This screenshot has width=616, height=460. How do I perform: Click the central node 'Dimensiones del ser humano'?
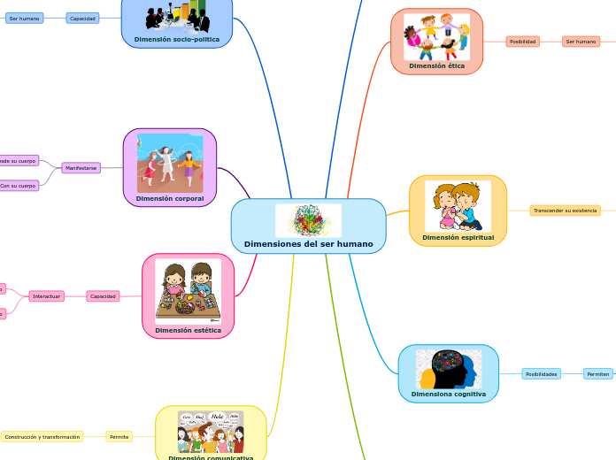308,243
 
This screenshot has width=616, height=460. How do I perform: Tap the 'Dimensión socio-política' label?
176,40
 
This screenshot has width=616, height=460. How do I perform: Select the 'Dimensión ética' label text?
436,65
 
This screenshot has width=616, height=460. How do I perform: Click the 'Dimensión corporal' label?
170,199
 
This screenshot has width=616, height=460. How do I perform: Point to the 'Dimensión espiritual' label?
458,237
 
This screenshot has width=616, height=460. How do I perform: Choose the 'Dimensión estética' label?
188,330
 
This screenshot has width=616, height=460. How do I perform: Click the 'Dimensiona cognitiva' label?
448,394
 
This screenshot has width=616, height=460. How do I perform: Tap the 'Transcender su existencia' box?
565,211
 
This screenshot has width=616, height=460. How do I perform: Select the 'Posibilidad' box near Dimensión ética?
522,42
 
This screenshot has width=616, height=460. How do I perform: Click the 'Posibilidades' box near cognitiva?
541,374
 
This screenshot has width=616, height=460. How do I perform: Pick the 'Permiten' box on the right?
597,374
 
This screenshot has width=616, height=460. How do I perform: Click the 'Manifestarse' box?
81,167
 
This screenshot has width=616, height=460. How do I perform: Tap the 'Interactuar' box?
46,296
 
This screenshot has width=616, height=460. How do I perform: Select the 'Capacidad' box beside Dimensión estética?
103,296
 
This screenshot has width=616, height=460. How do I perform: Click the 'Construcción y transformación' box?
42,437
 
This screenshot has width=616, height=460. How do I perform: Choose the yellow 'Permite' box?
119,437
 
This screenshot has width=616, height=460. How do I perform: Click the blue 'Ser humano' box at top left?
24,18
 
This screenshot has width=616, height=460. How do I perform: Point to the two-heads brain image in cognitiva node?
448,369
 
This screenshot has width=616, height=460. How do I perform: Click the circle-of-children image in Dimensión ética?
436,36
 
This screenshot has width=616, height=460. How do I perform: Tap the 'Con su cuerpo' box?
18,186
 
